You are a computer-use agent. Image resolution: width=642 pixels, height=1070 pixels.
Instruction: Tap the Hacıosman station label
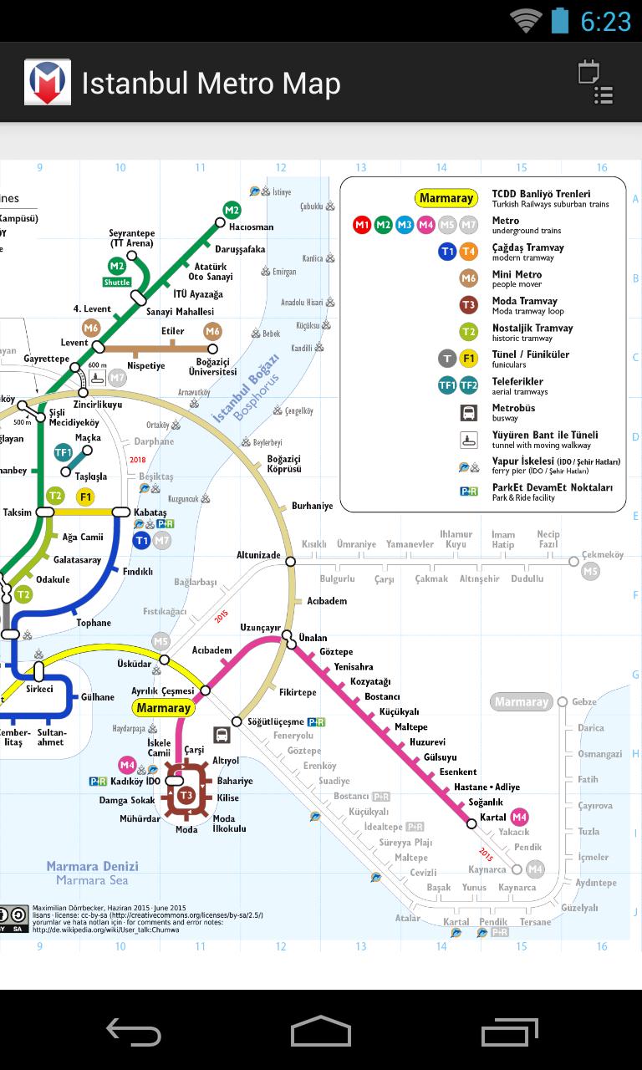251,227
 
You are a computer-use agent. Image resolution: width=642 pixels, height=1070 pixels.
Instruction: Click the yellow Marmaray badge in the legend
446,198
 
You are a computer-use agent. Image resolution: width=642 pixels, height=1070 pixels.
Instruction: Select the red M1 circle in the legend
362,224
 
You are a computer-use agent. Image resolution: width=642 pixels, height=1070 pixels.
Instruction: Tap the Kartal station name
493,817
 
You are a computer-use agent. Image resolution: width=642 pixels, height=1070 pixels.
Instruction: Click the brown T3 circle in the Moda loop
186,794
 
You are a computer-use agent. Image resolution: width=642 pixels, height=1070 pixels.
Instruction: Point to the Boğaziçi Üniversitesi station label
212,366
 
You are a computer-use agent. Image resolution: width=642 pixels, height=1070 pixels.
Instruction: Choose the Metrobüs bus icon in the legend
469,412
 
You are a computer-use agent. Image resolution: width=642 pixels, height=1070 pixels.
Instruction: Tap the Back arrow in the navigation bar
134,1032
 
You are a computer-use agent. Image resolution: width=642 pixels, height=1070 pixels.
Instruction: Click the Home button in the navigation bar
321,1032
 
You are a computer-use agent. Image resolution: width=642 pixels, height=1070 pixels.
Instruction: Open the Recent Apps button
509,1032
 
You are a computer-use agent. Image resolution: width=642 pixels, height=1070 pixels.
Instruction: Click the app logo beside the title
47,83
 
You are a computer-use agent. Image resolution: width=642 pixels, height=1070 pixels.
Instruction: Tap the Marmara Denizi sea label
92,867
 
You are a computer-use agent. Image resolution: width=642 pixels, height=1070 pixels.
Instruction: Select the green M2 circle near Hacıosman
232,210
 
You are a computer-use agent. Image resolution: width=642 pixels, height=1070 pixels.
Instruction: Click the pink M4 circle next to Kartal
520,817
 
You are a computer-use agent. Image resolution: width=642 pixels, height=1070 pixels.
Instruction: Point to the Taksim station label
18,512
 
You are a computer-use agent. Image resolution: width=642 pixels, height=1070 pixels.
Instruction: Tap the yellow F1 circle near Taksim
85,497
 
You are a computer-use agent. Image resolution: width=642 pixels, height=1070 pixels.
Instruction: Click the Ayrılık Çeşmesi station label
163,691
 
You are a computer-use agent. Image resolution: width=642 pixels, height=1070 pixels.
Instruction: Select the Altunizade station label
258,555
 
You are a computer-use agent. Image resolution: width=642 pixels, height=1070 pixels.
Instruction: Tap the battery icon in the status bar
560,21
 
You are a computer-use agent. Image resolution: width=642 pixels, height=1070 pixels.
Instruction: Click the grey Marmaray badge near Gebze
521,702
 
